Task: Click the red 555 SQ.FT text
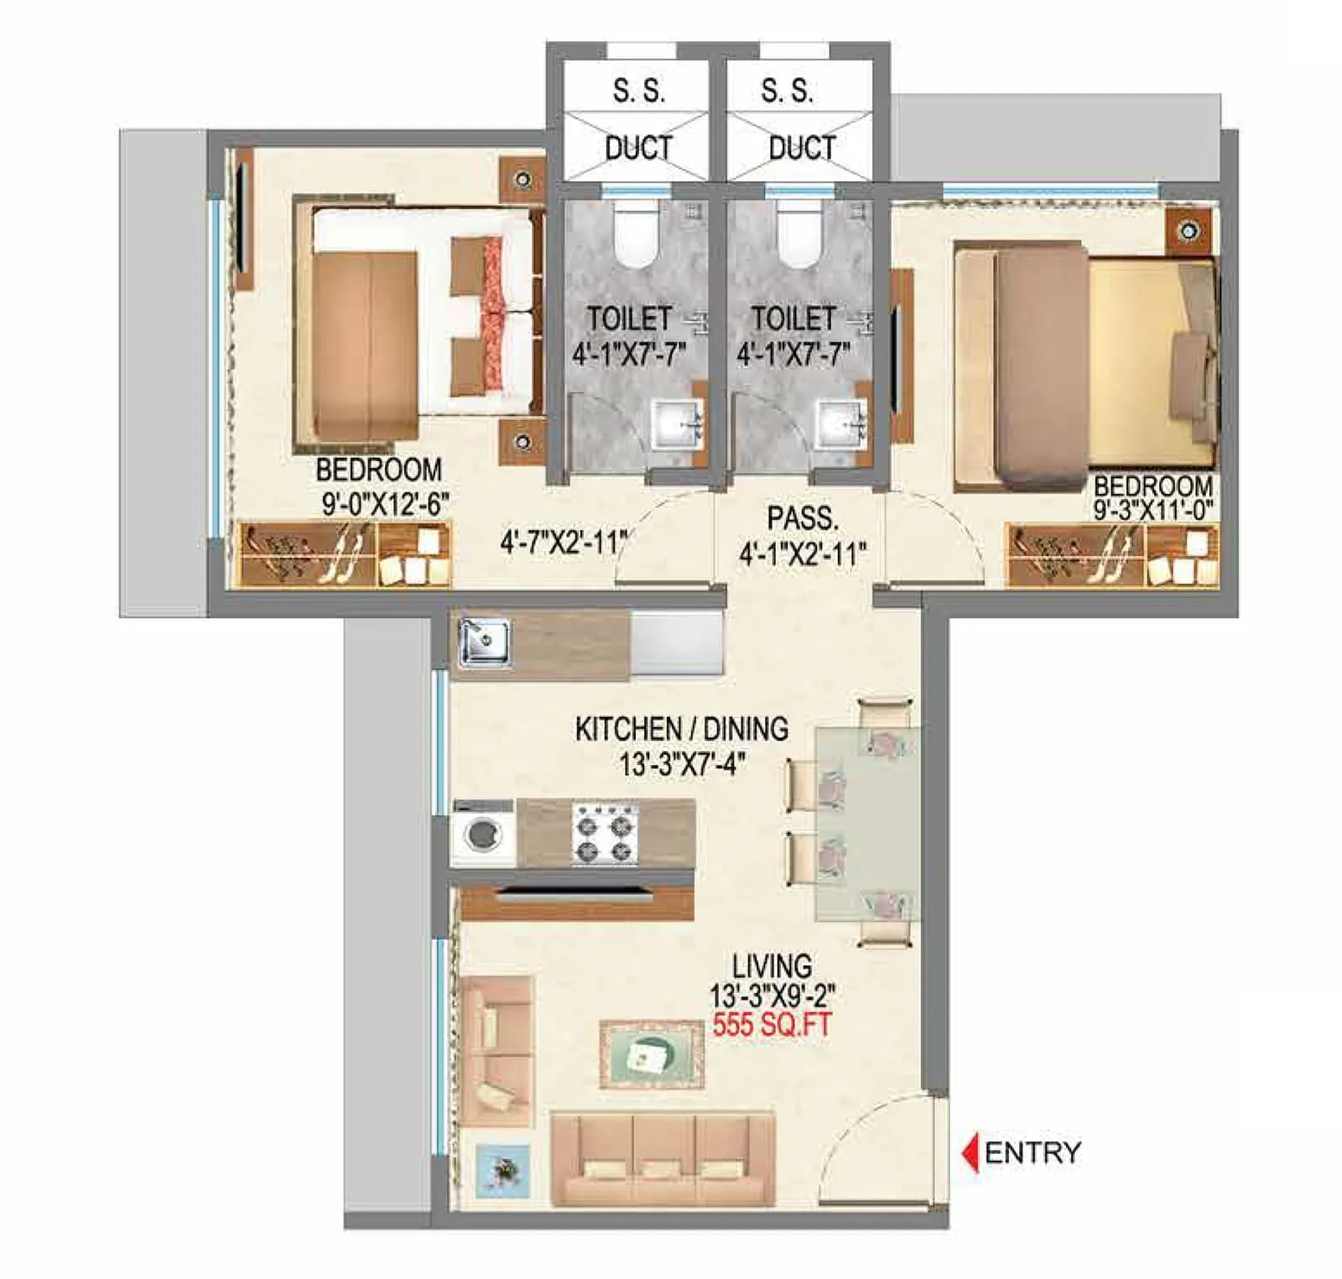pos(771,1025)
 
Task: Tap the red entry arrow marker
pos(970,1152)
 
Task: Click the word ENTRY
pos(1033,1153)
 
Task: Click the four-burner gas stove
pos(605,834)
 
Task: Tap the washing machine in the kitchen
pos(483,834)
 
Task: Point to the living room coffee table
pos(652,1053)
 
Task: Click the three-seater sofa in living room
pos(662,1161)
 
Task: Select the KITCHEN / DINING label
pos(681,729)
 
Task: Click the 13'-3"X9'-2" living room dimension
pos(772,996)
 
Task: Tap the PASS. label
pos(803,518)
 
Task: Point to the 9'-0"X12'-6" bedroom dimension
pos(385,505)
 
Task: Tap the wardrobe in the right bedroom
pos(1111,555)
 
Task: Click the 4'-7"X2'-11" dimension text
pos(563,543)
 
